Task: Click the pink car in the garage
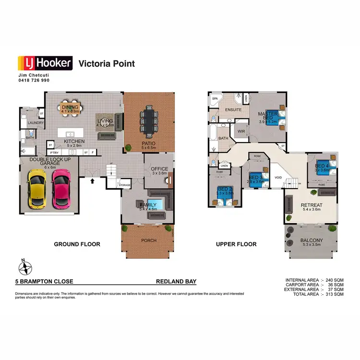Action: click(x=61, y=189)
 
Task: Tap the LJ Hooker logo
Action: click(x=45, y=63)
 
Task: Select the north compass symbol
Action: click(x=25, y=266)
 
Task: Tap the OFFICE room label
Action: click(x=159, y=169)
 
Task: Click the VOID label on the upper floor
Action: click(x=278, y=177)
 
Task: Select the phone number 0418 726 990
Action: click(x=34, y=80)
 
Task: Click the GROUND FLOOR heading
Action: click(x=77, y=244)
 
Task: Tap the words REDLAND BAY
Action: click(x=176, y=282)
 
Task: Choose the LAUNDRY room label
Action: click(x=36, y=123)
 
